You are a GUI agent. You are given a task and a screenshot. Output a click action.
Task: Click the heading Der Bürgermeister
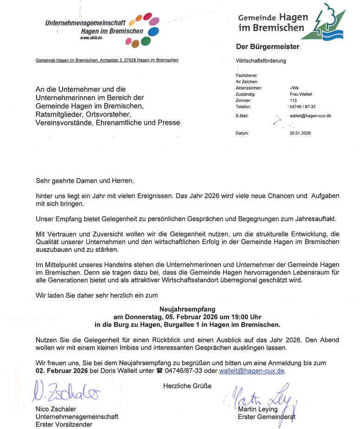(x=268, y=47)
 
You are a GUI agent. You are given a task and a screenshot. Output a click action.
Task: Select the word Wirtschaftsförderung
(x=261, y=61)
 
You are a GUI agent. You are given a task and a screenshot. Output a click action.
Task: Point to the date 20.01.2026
(x=300, y=133)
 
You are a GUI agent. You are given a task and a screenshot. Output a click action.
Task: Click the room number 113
(x=293, y=100)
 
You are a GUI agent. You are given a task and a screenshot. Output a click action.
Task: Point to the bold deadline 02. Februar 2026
(x=61, y=370)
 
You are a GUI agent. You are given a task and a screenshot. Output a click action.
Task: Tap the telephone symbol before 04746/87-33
(x=160, y=370)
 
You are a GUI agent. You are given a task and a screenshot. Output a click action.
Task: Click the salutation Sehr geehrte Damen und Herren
(x=84, y=180)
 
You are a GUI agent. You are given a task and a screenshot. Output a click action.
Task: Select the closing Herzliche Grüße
(x=187, y=386)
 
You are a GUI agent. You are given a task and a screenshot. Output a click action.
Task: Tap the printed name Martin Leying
(x=258, y=409)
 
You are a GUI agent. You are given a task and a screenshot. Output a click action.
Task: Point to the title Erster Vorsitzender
(x=64, y=424)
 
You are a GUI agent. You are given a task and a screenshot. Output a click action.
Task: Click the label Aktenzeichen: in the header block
(x=249, y=88)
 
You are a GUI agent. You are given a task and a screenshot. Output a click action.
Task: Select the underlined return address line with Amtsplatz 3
(x=107, y=60)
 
